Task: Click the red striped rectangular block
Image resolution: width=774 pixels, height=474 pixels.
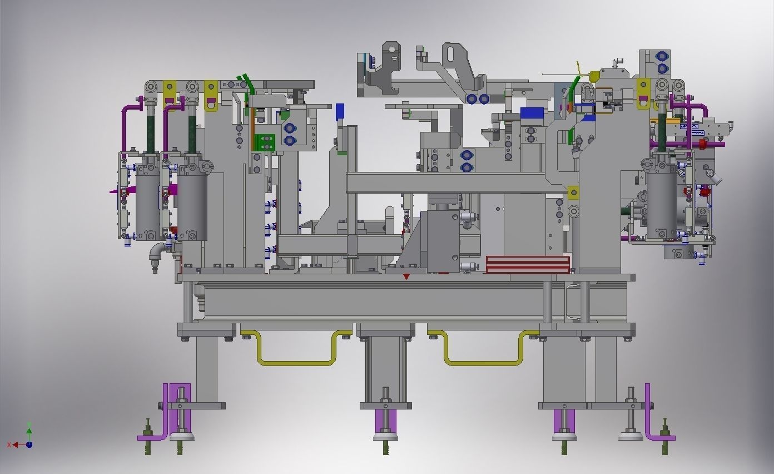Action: [x=528, y=264]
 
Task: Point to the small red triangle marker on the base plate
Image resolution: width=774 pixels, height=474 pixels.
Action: [x=406, y=276]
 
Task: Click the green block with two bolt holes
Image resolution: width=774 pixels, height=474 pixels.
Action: [x=265, y=142]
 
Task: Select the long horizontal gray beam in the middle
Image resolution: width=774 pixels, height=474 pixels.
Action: [x=456, y=182]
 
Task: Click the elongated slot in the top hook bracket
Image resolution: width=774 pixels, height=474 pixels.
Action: [x=454, y=55]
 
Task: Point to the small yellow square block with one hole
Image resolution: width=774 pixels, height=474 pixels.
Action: [x=573, y=193]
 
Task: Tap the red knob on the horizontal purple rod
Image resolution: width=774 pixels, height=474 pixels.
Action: [x=702, y=145]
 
